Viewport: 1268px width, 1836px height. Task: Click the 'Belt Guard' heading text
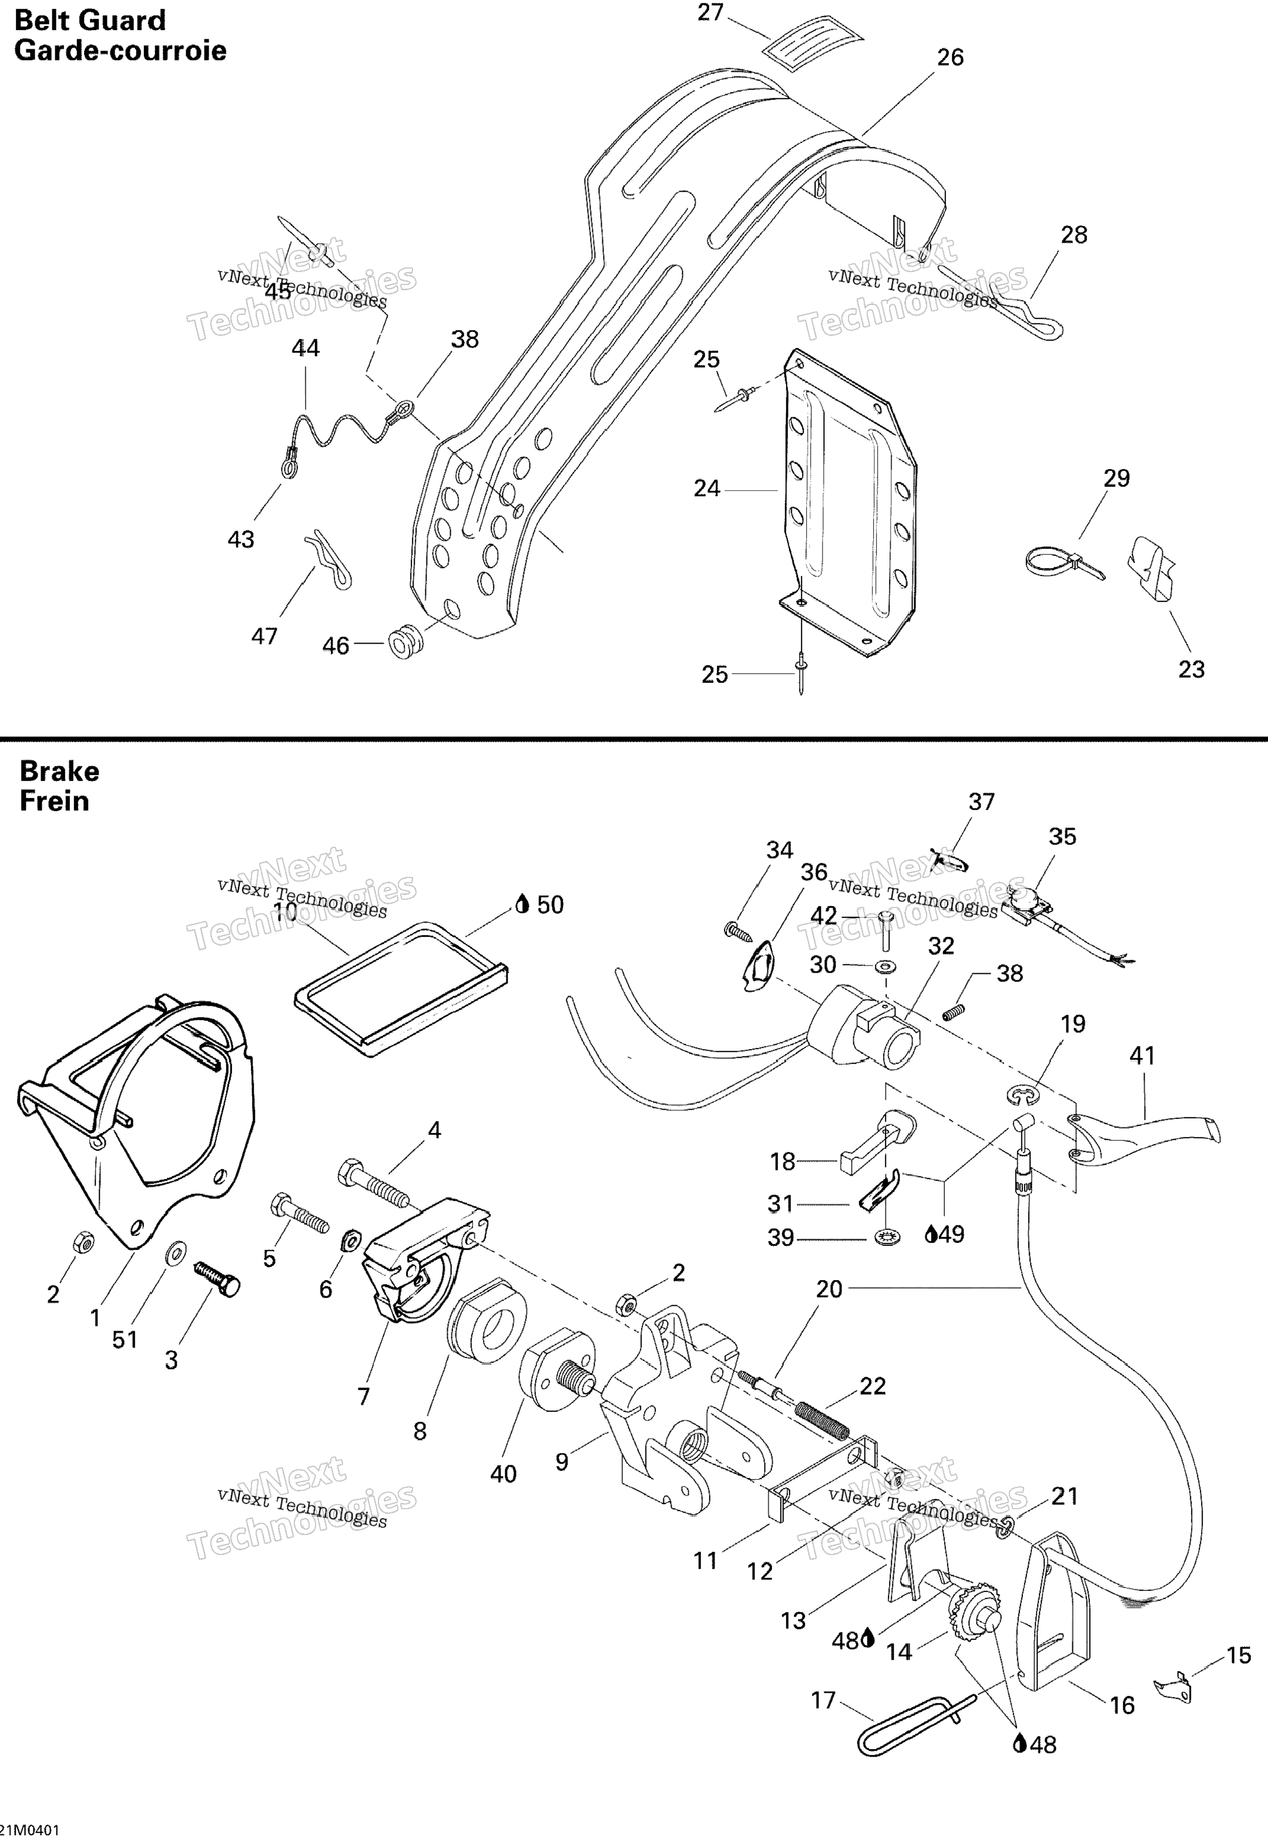[x=90, y=21]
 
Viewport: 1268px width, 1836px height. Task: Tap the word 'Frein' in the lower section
[x=54, y=801]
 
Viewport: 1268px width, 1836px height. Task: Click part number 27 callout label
[x=710, y=13]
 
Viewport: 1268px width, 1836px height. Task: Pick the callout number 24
[x=706, y=488]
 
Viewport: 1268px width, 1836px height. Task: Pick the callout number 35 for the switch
[x=1062, y=836]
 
